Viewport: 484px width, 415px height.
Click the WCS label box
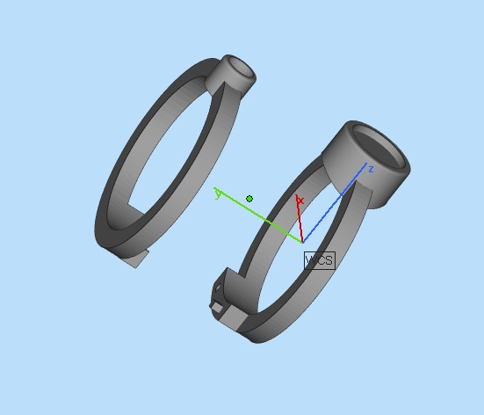point(318,260)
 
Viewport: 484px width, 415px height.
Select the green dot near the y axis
point(250,199)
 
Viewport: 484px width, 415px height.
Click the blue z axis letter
point(371,169)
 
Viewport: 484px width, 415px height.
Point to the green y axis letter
point(218,193)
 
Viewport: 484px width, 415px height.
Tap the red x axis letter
point(300,201)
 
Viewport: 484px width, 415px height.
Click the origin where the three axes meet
point(302,241)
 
